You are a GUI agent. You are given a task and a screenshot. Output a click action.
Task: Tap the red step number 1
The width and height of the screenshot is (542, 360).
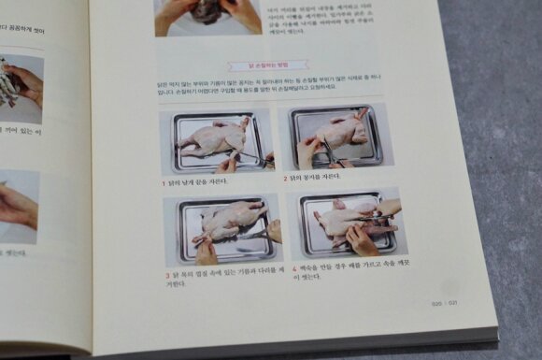click(163, 181)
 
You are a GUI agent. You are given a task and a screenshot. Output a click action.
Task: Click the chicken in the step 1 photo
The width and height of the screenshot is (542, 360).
click(215, 137)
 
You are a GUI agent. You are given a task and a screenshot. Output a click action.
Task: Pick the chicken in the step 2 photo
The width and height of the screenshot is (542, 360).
click(341, 131)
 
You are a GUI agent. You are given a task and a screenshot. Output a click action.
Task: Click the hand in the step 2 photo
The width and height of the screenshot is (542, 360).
click(307, 151)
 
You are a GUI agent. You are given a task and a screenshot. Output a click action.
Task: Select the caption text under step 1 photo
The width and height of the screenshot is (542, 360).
click(198, 181)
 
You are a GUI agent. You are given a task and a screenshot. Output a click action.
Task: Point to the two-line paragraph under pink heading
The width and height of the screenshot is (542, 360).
click(271, 89)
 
